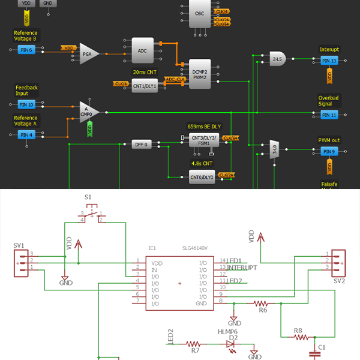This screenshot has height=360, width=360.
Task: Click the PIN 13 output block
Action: pyautogui.click(x=329, y=61)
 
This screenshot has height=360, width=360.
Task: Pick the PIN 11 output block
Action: pyautogui.click(x=329, y=114)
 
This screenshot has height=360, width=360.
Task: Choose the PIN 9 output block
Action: pyautogui.click(x=329, y=151)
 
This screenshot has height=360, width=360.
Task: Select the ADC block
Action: pyautogui.click(x=142, y=51)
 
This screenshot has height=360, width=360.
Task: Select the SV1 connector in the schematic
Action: pyautogui.click(x=22, y=262)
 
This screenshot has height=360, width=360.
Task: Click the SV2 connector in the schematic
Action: pyautogui.click(x=338, y=262)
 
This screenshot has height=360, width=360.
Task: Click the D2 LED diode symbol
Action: pyautogui.click(x=231, y=344)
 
